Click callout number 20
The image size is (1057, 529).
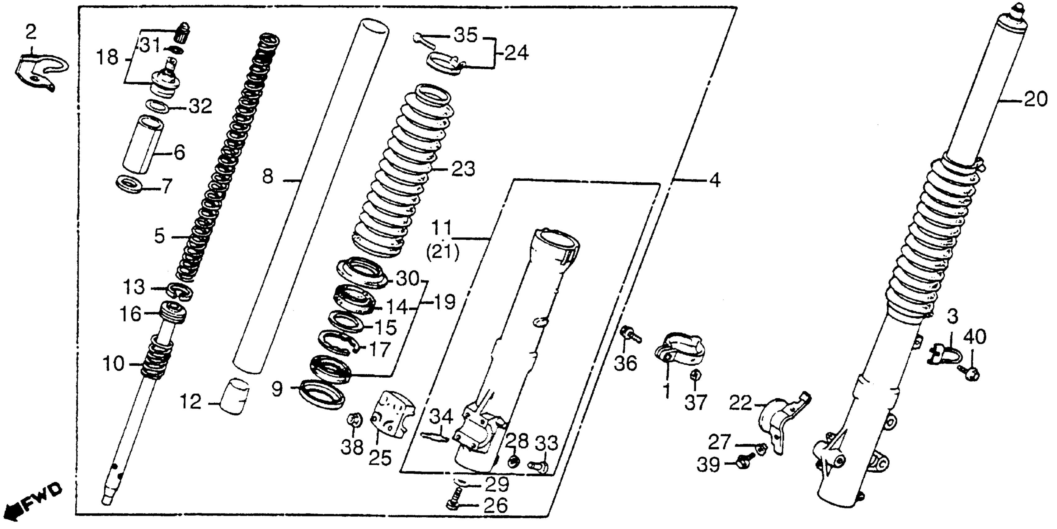click(1035, 100)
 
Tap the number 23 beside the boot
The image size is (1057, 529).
click(463, 169)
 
